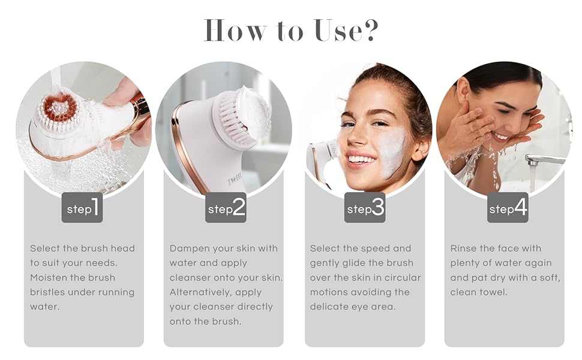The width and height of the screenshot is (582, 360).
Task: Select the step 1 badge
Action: pyautogui.click(x=82, y=208)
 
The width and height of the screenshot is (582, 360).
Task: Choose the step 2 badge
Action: pyautogui.click(x=226, y=208)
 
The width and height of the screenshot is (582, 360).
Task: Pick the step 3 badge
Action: pyautogui.click(x=365, y=208)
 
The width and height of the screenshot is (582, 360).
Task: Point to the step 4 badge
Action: pyautogui.click(x=508, y=208)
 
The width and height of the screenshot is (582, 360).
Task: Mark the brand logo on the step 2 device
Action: pyautogui.click(x=235, y=182)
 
